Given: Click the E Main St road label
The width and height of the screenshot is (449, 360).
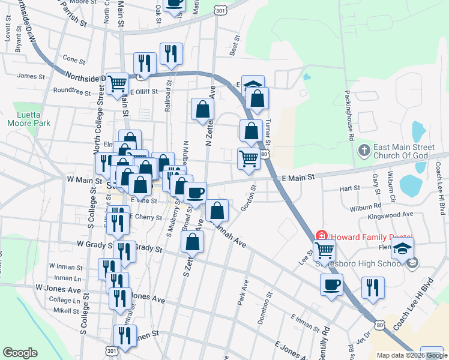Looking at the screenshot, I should [x=298, y=178].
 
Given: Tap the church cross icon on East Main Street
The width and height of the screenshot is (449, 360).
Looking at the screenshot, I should [x=363, y=149].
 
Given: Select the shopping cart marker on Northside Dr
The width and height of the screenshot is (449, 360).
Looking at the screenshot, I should [x=118, y=84].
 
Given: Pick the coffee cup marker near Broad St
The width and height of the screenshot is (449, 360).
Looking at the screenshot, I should [x=195, y=193].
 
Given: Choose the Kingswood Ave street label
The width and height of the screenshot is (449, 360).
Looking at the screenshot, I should [x=391, y=214].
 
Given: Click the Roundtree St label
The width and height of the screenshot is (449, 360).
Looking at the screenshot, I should [x=71, y=92].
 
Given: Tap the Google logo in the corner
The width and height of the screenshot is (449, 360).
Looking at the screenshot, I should [x=20, y=353].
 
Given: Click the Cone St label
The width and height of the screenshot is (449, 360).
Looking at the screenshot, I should [x=74, y=60].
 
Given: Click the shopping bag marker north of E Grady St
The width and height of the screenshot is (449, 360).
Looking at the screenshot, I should [x=192, y=242].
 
